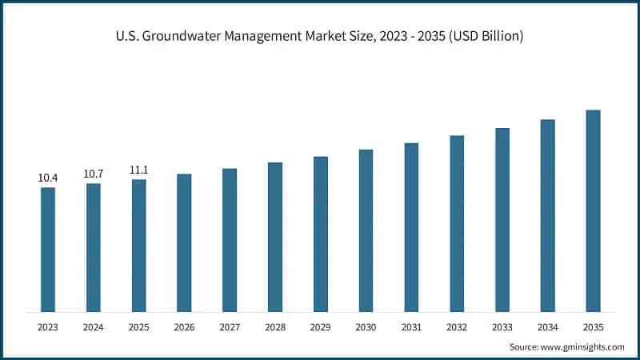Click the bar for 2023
click(48, 249)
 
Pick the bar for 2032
click(457, 223)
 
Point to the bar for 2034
click(548, 215)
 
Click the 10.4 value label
click(48, 178)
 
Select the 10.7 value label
click(94, 174)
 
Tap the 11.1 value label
click(139, 170)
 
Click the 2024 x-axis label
click(94, 326)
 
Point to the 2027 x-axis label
click(230, 326)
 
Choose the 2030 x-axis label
click(366, 326)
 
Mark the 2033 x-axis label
click(502, 326)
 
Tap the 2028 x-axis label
click(275, 326)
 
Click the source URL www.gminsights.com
click(582, 346)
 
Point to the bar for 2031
click(411, 227)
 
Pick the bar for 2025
click(139, 245)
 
